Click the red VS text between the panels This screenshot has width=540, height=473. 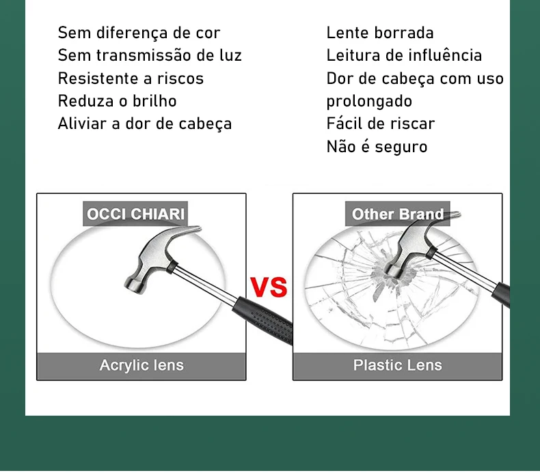(269, 286)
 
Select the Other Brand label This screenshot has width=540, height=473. (397, 214)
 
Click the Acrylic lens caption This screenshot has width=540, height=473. (141, 365)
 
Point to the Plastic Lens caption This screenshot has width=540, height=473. (397, 365)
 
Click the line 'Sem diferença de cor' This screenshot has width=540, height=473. (139, 33)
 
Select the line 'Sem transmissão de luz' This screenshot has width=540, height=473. (150, 55)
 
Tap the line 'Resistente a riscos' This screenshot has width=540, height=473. (131, 78)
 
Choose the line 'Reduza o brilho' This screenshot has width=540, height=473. (117, 101)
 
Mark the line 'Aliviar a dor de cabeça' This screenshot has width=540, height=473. (144, 124)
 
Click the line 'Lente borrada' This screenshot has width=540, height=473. (380, 33)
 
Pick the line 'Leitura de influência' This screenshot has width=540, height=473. (404, 55)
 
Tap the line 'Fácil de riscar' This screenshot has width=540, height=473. (380, 124)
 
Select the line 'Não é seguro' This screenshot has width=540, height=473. (377, 147)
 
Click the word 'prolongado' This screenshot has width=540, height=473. (369, 101)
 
